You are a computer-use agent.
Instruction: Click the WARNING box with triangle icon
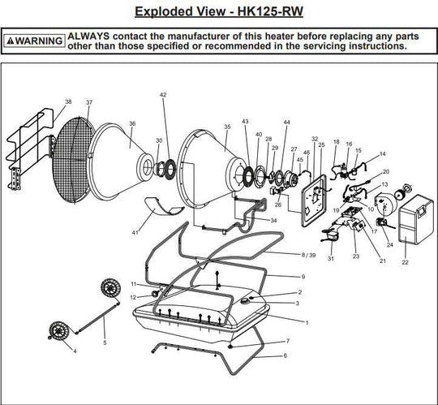point(33,41)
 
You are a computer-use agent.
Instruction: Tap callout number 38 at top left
point(68,102)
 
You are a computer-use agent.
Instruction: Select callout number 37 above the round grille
point(89,103)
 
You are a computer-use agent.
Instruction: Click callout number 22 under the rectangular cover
point(405,262)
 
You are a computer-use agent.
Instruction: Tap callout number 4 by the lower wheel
point(75,351)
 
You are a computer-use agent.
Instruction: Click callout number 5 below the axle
point(104,342)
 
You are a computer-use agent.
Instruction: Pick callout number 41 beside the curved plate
point(136,234)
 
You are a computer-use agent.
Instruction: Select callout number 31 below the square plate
point(331,258)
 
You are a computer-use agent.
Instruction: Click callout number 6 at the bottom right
point(285,355)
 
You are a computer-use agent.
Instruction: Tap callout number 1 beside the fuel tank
point(307,321)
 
